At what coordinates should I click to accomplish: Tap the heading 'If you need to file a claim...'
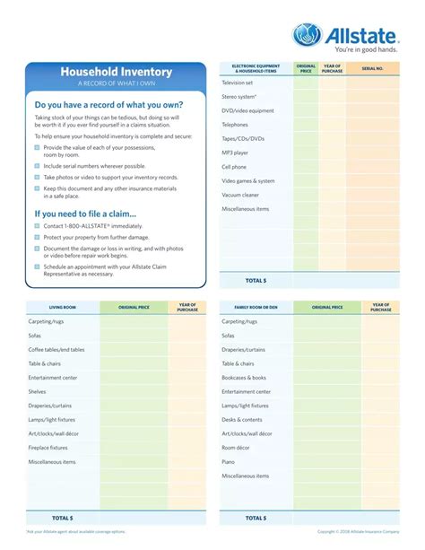[x=85, y=214]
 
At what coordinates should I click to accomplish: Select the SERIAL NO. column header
[x=372, y=68]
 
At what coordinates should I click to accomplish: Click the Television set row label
[x=238, y=83]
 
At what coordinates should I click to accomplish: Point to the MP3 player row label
[x=235, y=153]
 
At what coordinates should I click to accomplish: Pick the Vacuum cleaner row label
[x=240, y=195]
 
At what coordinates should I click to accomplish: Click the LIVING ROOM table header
[x=62, y=307]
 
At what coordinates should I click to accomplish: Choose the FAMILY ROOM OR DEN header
[x=256, y=307]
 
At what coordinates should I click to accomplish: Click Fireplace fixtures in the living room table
[x=48, y=447]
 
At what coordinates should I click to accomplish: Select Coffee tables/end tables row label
[x=56, y=349]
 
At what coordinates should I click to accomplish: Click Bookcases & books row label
[x=244, y=378]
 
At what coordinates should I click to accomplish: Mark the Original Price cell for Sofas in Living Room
[x=134, y=336]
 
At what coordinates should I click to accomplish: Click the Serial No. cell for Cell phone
[x=372, y=167]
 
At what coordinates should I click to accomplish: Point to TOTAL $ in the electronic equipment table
[x=256, y=280]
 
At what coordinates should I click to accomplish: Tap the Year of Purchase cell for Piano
[x=381, y=461]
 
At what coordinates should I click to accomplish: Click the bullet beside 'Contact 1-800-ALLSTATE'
[x=38, y=227]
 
